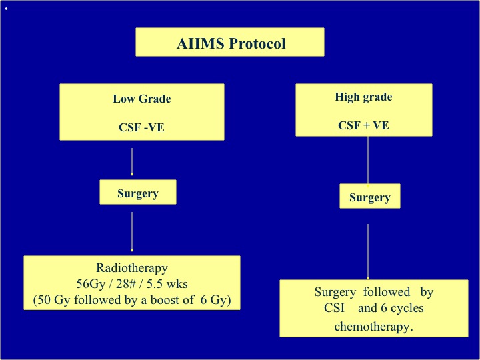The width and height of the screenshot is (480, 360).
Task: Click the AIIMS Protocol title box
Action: pyautogui.click(x=230, y=42)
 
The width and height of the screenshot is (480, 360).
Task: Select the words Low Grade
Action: pyautogui.click(x=142, y=99)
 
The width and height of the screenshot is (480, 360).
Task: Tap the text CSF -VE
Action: pyautogui.click(x=141, y=127)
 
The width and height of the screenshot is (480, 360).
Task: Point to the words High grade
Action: pyautogui.click(x=363, y=97)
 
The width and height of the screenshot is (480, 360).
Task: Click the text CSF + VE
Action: pyautogui.click(x=363, y=125)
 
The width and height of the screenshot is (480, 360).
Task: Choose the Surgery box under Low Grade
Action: pyautogui.click(x=138, y=192)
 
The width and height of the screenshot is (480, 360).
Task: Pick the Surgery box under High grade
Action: pyautogui.click(x=370, y=196)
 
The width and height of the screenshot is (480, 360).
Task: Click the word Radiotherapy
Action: pyautogui.click(x=132, y=268)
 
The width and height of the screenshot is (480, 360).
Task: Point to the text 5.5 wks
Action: pyautogui.click(x=167, y=284)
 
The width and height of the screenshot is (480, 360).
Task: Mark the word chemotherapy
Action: pyautogui.click(x=373, y=327)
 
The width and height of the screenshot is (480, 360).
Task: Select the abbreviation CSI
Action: pyautogui.click(x=334, y=308)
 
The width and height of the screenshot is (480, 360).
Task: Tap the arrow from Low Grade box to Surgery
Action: pyautogui.click(x=132, y=162)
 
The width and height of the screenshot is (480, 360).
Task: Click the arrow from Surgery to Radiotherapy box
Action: pyautogui.click(x=132, y=232)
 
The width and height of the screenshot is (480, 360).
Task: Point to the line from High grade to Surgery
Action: pyautogui.click(x=368, y=161)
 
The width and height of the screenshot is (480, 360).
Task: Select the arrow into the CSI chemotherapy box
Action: pyautogui.click(x=368, y=252)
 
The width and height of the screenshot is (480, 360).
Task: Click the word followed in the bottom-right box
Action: pyautogui.click(x=387, y=292)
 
